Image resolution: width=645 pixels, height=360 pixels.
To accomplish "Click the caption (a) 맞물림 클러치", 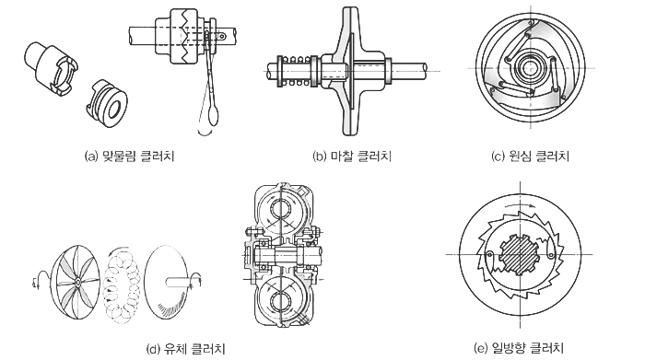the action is point(130,157).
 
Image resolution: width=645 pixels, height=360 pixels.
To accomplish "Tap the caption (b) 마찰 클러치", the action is point(352,157).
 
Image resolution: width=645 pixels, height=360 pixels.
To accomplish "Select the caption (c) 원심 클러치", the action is point(531,157).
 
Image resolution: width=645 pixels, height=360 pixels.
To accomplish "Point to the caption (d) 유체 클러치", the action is point(186,349).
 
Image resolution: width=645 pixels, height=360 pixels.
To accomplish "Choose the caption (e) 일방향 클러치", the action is point(519,349).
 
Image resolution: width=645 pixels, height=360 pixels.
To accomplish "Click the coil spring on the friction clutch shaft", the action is point(295,71).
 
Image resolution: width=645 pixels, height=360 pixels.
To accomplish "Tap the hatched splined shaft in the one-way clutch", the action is point(519,254).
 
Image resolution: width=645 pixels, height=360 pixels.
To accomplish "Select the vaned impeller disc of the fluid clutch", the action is point(75,282).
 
